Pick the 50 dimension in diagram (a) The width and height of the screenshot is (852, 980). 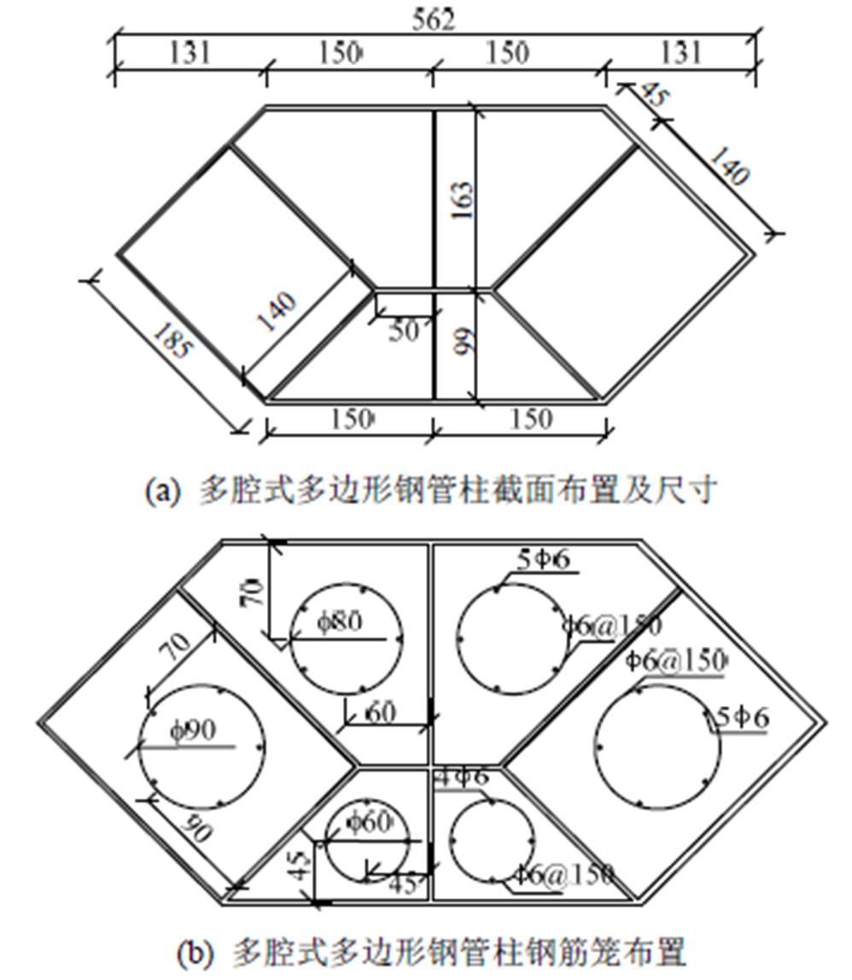pyautogui.click(x=403, y=330)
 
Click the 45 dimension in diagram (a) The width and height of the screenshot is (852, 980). pyautogui.click(x=650, y=95)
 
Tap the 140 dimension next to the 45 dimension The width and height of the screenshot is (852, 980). pyautogui.click(x=728, y=163)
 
